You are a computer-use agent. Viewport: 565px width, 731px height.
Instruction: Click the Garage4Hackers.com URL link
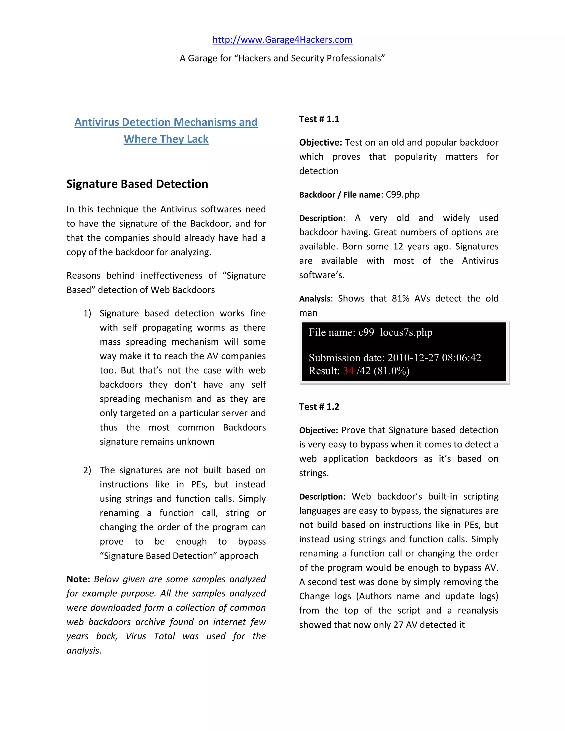(282, 40)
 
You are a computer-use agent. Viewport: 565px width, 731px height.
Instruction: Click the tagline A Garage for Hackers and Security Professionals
(282, 58)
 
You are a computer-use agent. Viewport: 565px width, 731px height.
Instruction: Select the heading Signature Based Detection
(137, 184)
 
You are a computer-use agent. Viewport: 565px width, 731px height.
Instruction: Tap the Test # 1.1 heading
(319, 119)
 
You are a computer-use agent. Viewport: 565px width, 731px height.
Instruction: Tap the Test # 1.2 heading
(319, 407)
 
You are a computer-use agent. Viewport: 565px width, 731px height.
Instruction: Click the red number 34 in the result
(348, 371)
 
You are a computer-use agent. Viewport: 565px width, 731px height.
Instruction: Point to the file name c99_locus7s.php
(395, 332)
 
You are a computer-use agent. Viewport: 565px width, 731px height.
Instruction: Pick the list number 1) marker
(87, 314)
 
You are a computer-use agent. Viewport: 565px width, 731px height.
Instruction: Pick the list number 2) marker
(87, 470)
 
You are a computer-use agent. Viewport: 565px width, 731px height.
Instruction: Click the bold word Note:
(78, 579)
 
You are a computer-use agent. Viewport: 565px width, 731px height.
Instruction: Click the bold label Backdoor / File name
(340, 195)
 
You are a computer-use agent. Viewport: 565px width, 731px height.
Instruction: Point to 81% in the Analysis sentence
(400, 298)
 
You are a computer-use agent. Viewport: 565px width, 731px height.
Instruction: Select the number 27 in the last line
(398, 625)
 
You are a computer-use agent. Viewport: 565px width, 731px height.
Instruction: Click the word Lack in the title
(198, 139)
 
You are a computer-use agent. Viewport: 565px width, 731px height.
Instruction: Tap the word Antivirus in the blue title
(97, 122)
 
